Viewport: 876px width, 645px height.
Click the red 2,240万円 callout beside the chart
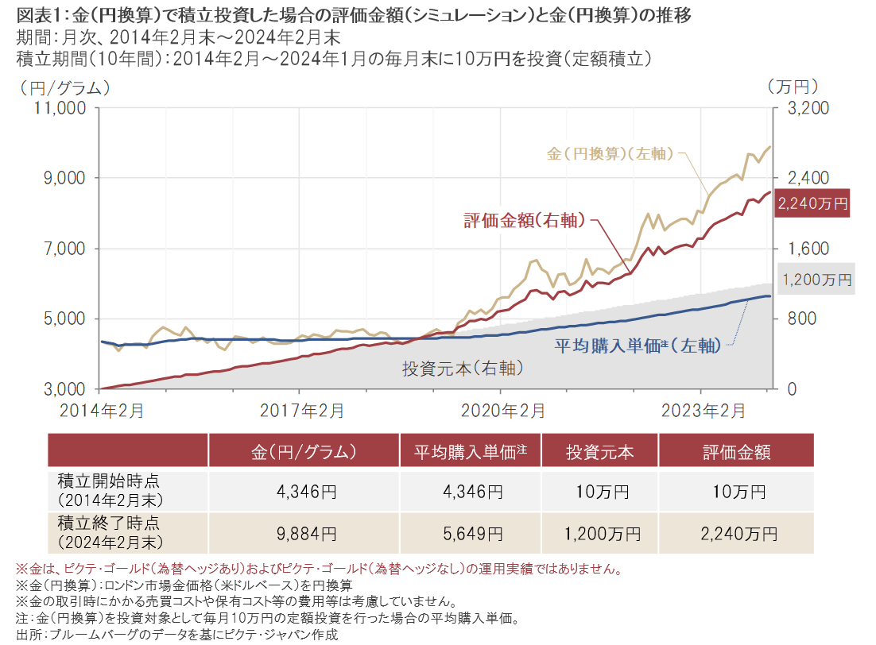(812, 203)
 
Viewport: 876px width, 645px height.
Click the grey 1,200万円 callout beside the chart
(816, 280)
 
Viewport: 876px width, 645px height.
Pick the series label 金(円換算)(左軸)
(610, 154)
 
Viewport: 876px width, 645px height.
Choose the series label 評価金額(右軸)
(525, 220)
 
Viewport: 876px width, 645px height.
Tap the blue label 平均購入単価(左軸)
(637, 345)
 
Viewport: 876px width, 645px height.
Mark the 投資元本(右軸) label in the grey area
(463, 369)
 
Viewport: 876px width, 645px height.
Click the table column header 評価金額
(736, 452)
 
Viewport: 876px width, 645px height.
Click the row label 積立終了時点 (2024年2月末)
(110, 532)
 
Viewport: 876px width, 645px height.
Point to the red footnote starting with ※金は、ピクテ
(318, 570)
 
